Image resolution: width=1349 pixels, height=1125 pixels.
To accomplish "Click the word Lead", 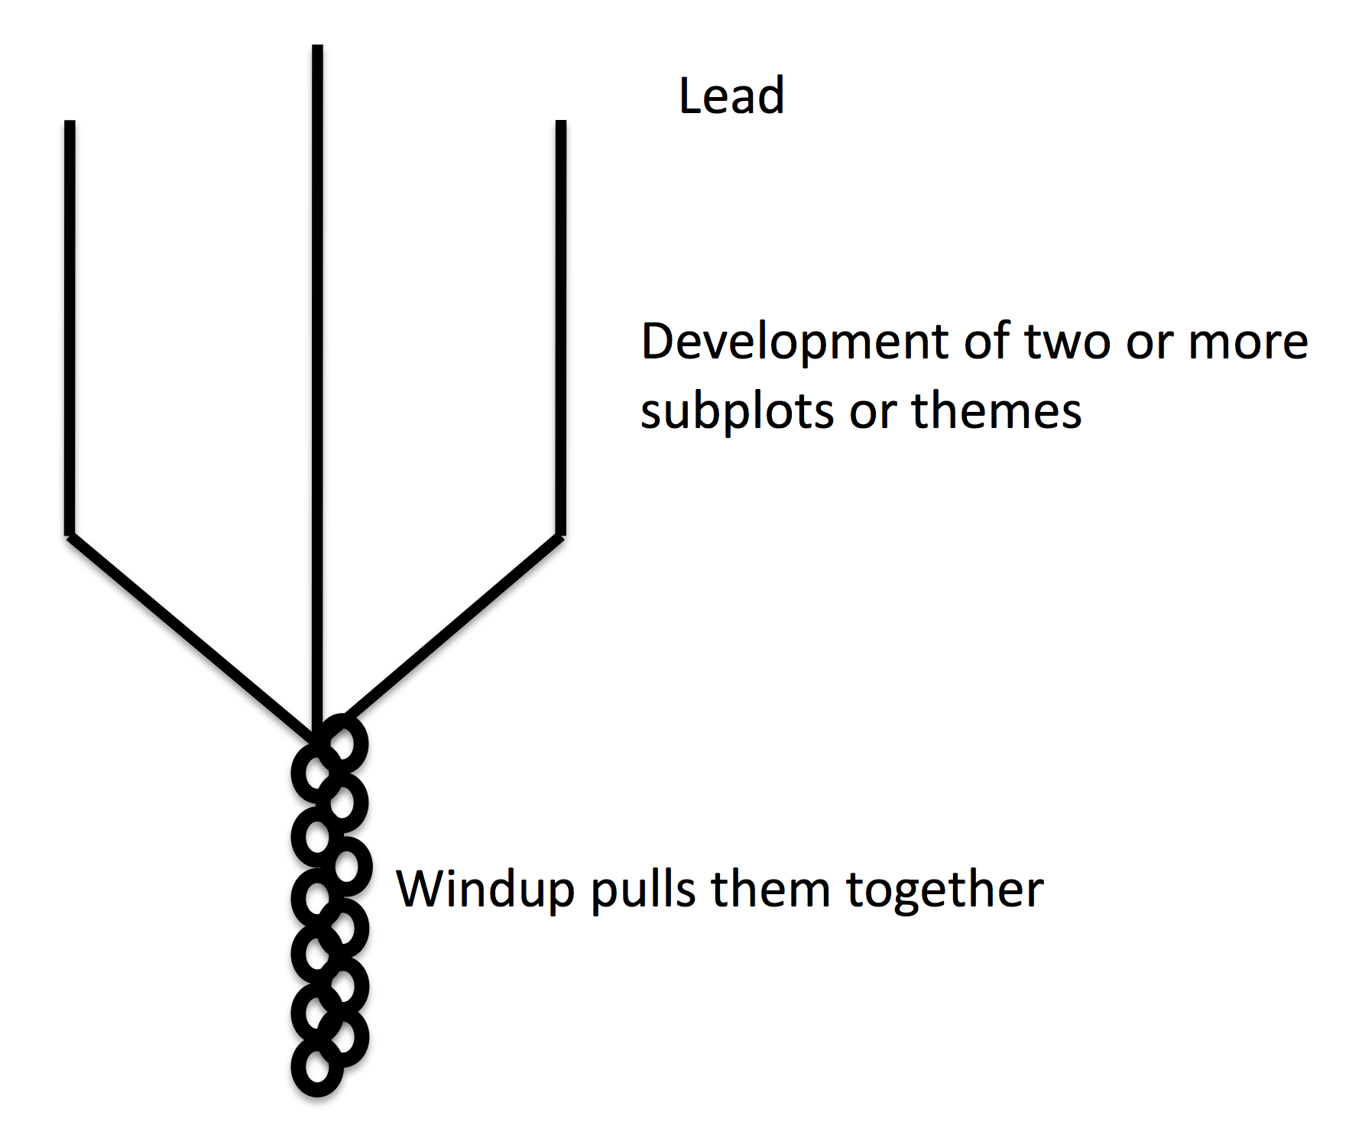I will coord(731,96).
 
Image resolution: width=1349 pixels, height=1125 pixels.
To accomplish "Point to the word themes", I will coord(997,411).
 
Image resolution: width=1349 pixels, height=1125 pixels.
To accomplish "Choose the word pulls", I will coord(643,890).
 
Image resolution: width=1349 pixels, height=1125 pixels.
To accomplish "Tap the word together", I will coord(945,890).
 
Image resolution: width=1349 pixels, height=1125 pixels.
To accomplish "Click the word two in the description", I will coord(1067,342).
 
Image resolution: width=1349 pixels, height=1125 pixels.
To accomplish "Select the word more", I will coord(1248,342).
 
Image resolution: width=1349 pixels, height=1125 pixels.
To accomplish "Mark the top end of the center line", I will coord(317,48).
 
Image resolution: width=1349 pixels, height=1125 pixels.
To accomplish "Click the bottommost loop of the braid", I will coord(316,1068).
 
